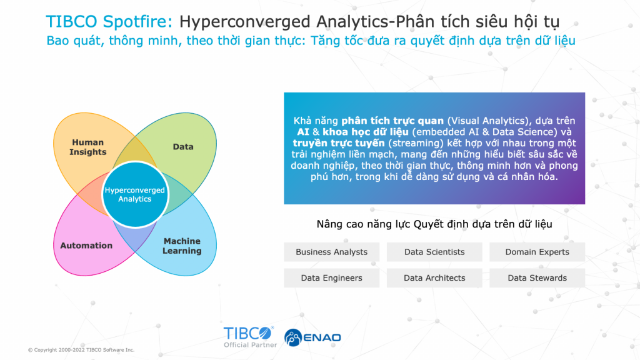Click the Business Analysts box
331,252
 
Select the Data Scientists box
434,252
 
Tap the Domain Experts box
537,252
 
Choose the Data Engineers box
331,278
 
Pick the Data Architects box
434,278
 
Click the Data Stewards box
537,278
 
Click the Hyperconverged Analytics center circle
135,194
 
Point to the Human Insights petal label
87,147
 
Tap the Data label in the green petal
183,146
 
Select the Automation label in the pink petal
86,245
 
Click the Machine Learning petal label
182,246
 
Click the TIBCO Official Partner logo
250,337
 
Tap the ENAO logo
312,337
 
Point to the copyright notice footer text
81,350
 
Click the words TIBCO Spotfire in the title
109,21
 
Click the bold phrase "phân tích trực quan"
392,121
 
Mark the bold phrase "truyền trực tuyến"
339,143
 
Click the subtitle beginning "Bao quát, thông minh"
311,41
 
